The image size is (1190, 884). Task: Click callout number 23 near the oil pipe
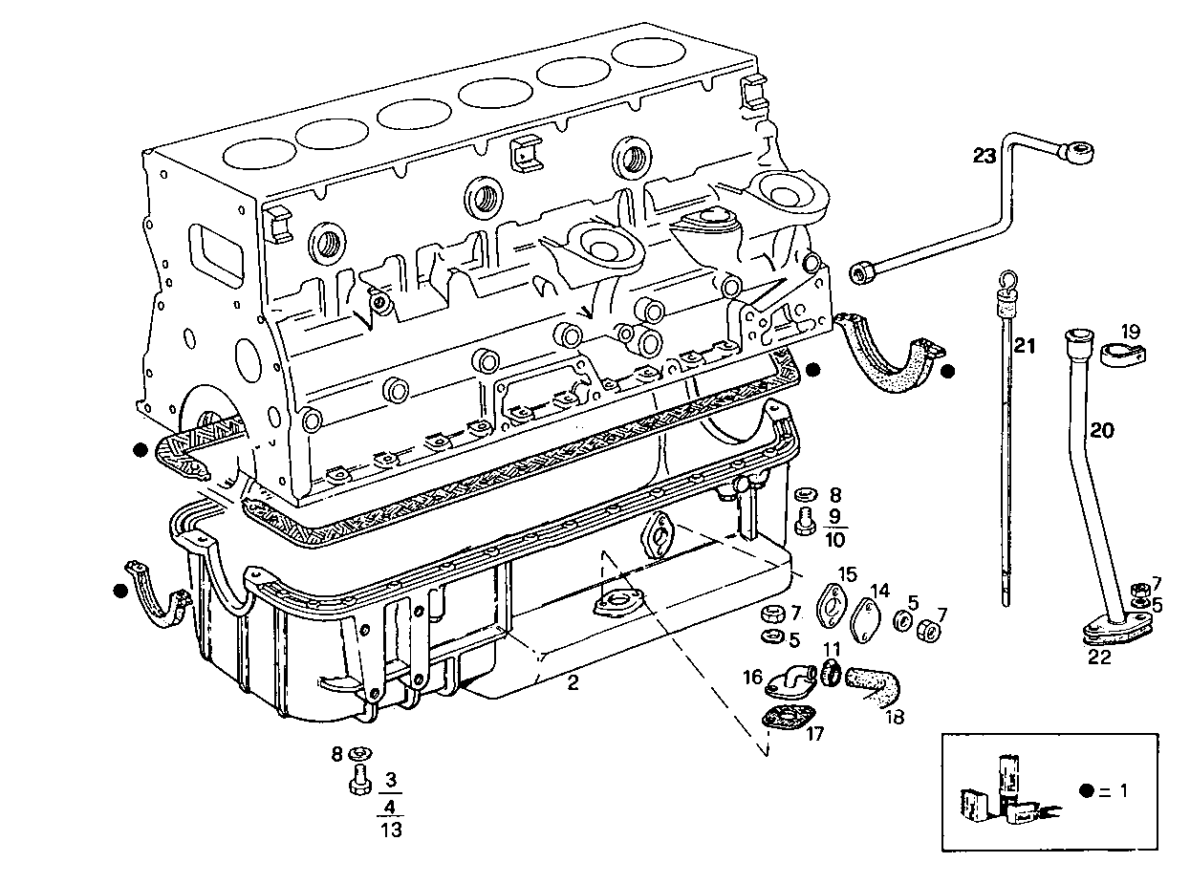click(x=984, y=156)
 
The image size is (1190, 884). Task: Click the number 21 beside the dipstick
click(x=1025, y=346)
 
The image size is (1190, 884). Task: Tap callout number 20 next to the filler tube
click(x=1102, y=431)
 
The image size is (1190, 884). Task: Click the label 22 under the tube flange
click(x=1099, y=657)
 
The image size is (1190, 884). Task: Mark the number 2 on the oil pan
click(x=573, y=681)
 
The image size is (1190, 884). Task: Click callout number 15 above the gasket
click(x=848, y=573)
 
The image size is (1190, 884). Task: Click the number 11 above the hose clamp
click(x=832, y=649)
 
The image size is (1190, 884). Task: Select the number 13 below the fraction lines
click(x=390, y=830)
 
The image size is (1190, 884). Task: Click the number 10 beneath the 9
click(x=833, y=540)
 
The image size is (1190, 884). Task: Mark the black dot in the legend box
click(x=1086, y=791)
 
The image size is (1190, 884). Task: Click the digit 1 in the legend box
click(x=1123, y=791)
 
